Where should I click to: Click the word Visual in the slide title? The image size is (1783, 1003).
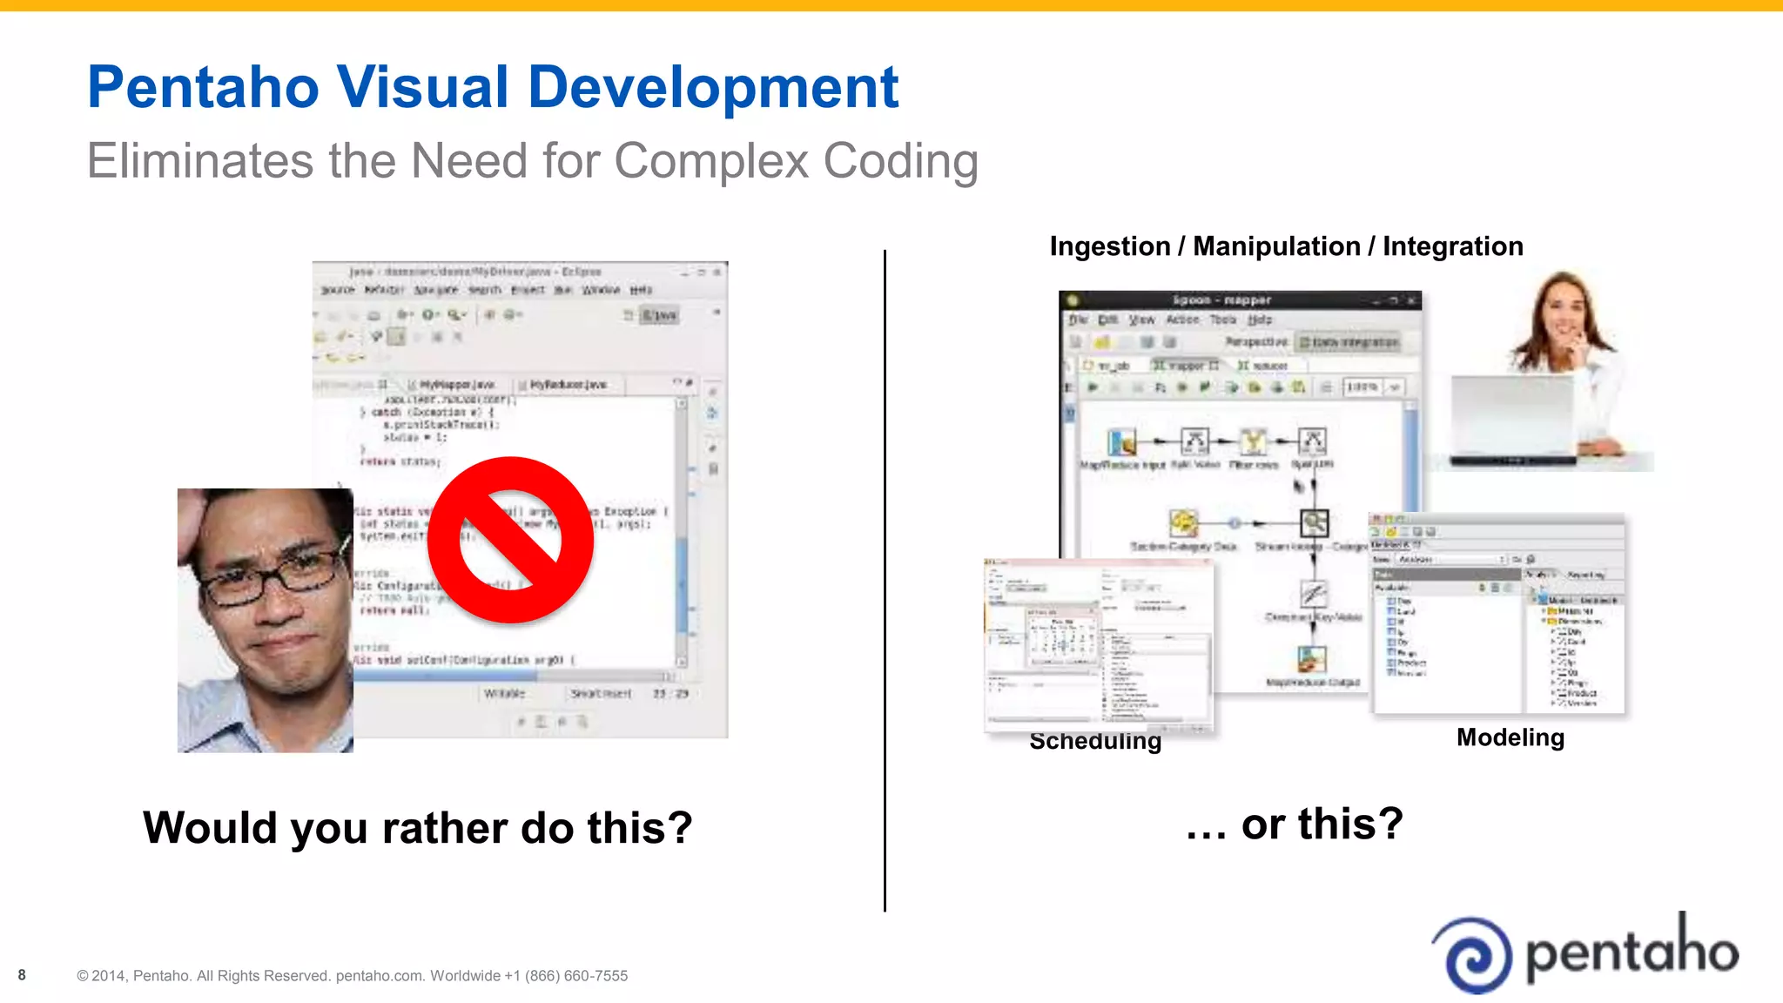click(x=422, y=87)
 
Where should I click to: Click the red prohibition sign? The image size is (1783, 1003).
click(x=511, y=540)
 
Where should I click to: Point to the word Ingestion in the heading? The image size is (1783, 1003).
click(x=1110, y=246)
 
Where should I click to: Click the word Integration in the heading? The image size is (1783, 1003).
click(x=1452, y=246)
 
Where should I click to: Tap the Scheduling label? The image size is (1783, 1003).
click(x=1095, y=741)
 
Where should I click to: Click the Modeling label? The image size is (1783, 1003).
click(x=1511, y=737)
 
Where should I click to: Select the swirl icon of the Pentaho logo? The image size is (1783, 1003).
click(x=1473, y=954)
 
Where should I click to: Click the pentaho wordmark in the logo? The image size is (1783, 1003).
click(x=1632, y=951)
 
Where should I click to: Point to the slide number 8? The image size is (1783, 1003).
click(x=22, y=975)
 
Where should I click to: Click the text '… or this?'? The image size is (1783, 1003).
click(x=1295, y=824)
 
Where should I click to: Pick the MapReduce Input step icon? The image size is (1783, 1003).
click(x=1121, y=442)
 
